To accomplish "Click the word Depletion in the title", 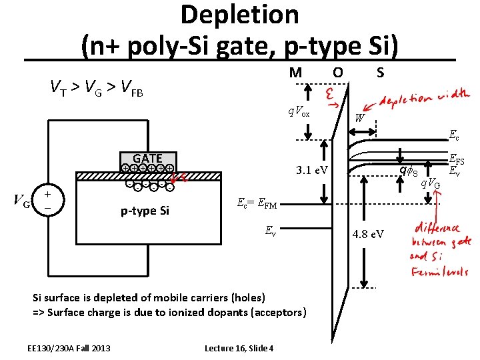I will click(x=239, y=14).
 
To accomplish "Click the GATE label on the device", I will click(x=148, y=158).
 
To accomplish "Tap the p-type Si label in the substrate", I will click(x=145, y=211).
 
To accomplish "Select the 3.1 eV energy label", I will click(x=311, y=171).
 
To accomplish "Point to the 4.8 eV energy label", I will click(x=368, y=234).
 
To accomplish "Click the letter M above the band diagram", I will click(x=295, y=72).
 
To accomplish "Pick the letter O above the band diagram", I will click(x=337, y=72).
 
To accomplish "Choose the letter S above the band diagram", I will click(x=380, y=72).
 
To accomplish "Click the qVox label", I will click(x=299, y=113).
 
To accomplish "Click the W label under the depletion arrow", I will click(x=359, y=118).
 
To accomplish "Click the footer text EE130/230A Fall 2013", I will click(x=69, y=348).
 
